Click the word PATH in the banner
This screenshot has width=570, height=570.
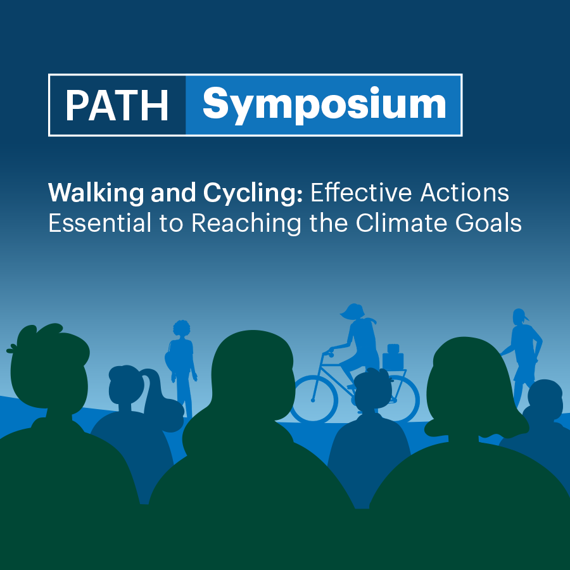[117, 105]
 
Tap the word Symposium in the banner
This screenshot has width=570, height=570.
[324, 105]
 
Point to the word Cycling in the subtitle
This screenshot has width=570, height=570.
[256, 193]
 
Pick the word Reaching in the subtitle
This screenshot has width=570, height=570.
[246, 224]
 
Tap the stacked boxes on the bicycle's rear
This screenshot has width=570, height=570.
[393, 358]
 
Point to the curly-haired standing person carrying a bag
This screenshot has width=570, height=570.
[181, 361]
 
